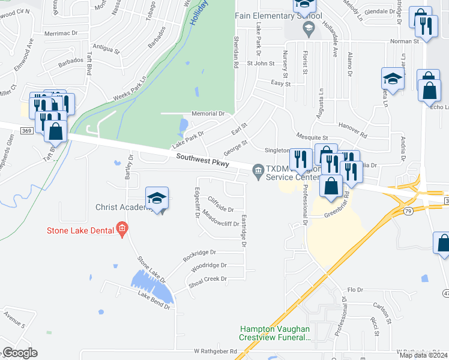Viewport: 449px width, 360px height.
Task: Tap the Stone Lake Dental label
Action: click(82, 229)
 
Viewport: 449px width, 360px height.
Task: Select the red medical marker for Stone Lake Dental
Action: click(122, 228)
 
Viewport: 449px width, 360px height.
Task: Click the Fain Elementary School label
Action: click(279, 16)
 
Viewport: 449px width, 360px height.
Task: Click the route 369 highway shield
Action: click(26, 130)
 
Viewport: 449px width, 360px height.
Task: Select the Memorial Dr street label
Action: click(208, 113)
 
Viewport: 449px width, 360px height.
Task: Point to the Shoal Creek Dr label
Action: click(208, 279)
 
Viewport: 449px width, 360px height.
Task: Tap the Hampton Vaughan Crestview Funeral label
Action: click(275, 333)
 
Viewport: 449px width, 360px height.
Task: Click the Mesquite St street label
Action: click(310, 138)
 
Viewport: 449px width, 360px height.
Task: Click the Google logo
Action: click(20, 353)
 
